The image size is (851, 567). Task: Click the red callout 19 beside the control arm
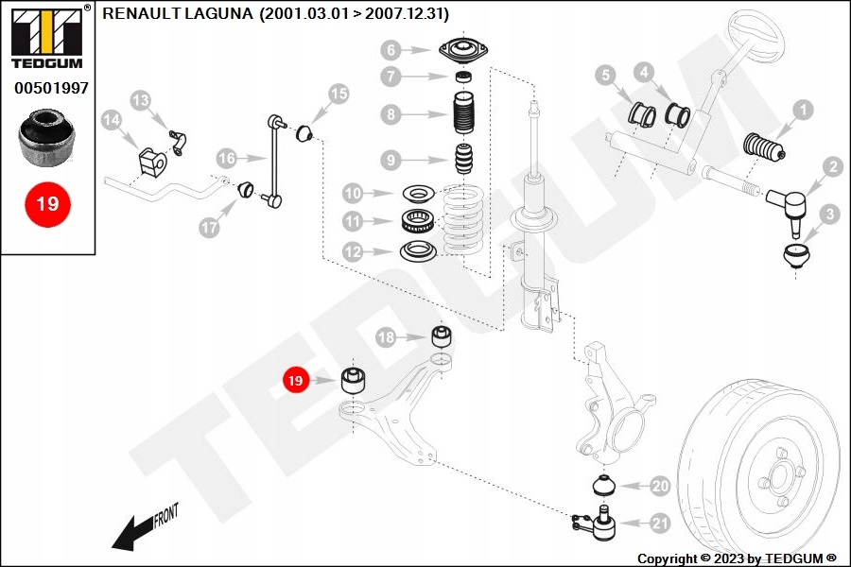point(296,381)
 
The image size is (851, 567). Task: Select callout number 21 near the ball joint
point(659,523)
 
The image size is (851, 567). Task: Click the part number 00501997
point(51,88)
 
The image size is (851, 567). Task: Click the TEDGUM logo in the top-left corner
point(46,38)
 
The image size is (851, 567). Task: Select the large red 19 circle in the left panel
point(47,203)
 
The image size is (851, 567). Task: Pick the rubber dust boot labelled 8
point(463,115)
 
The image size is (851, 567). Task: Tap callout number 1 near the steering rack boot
point(802,111)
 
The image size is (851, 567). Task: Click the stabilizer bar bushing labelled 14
point(151,160)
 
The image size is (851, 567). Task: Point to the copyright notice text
point(737,558)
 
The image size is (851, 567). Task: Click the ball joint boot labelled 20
point(602,486)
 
